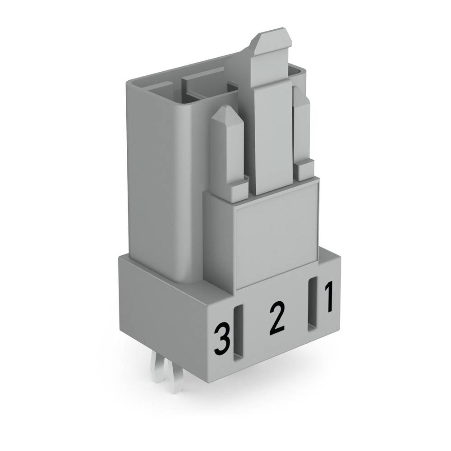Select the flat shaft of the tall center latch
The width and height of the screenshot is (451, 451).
pyautogui.click(x=272, y=135)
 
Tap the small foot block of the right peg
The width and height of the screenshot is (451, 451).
pyautogui.click(x=304, y=170)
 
